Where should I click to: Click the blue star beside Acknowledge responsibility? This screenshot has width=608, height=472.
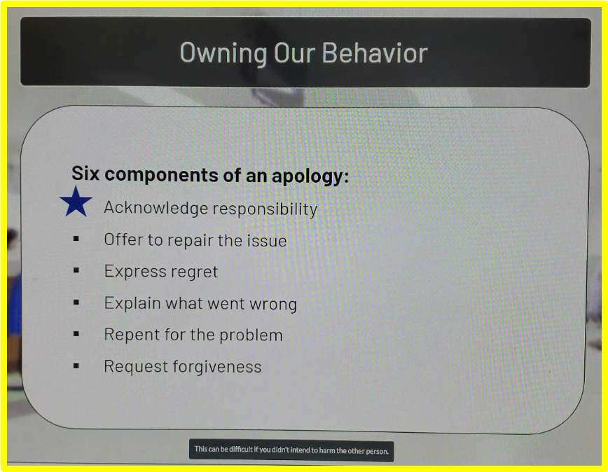click(76, 202)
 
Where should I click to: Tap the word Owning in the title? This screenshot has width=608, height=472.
click(223, 53)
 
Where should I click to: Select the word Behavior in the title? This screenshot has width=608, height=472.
click(375, 53)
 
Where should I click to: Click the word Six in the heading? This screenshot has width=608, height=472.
click(85, 173)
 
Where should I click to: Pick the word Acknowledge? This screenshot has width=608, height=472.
click(156, 208)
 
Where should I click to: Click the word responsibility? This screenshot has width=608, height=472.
click(265, 209)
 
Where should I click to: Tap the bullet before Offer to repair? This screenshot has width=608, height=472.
click(76, 239)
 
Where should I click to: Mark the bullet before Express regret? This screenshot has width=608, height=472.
click(76, 270)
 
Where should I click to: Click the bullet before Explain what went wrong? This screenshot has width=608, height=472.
click(76, 302)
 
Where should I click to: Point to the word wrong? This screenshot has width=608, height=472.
click(273, 305)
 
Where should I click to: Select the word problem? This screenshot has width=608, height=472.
click(251, 335)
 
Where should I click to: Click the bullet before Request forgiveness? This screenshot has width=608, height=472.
click(76, 366)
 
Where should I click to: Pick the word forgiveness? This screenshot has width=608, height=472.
click(217, 366)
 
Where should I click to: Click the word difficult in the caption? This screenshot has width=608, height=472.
click(241, 450)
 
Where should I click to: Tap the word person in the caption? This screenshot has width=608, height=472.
click(376, 452)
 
